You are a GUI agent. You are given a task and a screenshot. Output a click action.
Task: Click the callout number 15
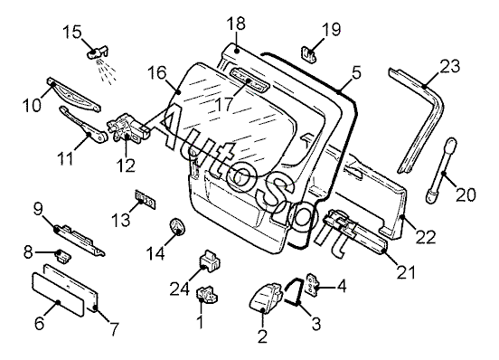(72, 33)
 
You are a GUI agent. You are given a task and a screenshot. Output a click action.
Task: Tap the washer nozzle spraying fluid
(97, 52)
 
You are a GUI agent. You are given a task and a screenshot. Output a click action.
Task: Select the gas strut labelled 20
(441, 170)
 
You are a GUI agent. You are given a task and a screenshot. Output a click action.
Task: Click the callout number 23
(450, 66)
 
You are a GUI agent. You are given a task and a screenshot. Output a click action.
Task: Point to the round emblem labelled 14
(176, 226)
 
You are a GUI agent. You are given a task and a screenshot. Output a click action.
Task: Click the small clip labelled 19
(308, 54)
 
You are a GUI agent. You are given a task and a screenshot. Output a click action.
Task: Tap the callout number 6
(39, 324)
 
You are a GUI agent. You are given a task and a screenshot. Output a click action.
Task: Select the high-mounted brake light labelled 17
(249, 80)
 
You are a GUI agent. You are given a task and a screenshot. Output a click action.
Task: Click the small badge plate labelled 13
(146, 200)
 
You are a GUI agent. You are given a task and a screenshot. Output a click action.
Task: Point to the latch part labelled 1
(208, 293)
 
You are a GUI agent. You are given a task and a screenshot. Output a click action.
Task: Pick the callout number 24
(180, 289)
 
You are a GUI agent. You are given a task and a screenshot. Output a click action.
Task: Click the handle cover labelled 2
(267, 297)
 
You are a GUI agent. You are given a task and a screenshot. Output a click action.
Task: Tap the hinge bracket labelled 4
(311, 285)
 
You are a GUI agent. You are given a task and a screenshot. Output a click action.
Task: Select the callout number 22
(426, 238)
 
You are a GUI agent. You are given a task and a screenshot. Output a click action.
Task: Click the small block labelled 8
(63, 255)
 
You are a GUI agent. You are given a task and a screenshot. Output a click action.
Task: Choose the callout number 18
(236, 24)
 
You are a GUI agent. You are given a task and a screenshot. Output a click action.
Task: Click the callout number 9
(38, 209)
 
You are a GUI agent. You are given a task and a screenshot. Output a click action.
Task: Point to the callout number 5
(357, 72)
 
